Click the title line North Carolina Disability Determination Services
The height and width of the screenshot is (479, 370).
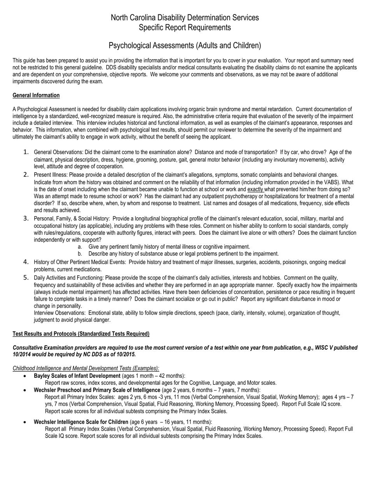[185, 18]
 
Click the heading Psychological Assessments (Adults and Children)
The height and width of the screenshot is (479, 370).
[185, 46]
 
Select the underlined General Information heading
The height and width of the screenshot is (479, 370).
[36, 95]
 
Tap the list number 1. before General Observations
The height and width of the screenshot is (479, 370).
[26, 152]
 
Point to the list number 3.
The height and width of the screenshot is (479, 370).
[26, 218]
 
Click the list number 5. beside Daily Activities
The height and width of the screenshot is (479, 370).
[26, 278]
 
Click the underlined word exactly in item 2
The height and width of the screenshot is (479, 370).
[255, 189]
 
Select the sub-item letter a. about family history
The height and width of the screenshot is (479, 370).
[80, 247]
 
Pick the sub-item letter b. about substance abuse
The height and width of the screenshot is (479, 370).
[80, 254]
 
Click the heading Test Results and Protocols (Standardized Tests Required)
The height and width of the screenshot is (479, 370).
[81, 334]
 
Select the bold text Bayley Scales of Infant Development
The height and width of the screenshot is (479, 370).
[77, 376]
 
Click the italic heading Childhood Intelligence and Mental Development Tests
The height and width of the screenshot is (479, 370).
[86, 368]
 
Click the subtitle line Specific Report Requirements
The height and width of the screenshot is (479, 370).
[185, 28]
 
